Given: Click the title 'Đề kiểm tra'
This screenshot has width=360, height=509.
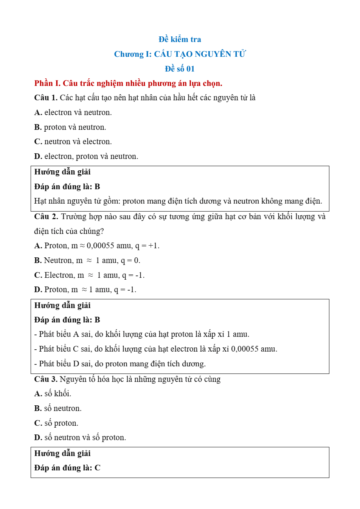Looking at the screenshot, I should pyautogui.click(x=180, y=39).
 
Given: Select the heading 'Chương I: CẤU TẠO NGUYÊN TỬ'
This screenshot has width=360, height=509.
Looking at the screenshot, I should pyautogui.click(x=180, y=54).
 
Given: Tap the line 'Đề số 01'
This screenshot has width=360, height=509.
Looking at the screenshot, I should pyautogui.click(x=180, y=69).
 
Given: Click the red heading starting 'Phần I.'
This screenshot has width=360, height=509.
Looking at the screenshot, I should pyautogui.click(x=128, y=83).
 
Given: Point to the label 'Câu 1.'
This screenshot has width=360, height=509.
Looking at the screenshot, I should pyautogui.click(x=46, y=98).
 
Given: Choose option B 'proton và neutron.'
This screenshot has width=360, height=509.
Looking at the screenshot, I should pyautogui.click(x=70, y=127).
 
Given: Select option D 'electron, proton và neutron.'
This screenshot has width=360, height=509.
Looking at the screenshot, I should pyautogui.click(x=86, y=156).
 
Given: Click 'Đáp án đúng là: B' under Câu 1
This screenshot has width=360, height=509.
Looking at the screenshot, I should pyautogui.click(x=67, y=187).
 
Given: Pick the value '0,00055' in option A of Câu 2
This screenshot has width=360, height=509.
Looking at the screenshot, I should pyautogui.click(x=100, y=246).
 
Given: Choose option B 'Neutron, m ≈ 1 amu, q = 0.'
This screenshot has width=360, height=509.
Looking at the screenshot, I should pyautogui.click(x=87, y=260).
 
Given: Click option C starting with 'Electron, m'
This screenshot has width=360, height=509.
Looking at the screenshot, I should pyautogui.click(x=90, y=275).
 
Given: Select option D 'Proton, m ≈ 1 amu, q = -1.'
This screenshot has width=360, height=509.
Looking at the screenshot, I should pyautogui.click(x=85, y=290).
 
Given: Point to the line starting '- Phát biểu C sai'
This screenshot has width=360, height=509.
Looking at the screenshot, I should pyautogui.click(x=155, y=349).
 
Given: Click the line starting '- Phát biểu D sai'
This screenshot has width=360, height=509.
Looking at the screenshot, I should pyautogui.click(x=120, y=364).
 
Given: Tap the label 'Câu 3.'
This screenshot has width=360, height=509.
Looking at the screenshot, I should pyautogui.click(x=46, y=379).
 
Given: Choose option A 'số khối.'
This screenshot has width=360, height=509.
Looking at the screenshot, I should pyautogui.click(x=53, y=394).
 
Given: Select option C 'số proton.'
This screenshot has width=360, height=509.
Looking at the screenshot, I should pyautogui.click(x=56, y=423).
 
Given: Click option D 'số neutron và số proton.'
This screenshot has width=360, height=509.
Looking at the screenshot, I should pyautogui.click(x=80, y=437).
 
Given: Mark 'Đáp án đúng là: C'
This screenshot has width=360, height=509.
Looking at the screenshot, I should pyautogui.click(x=67, y=468).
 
